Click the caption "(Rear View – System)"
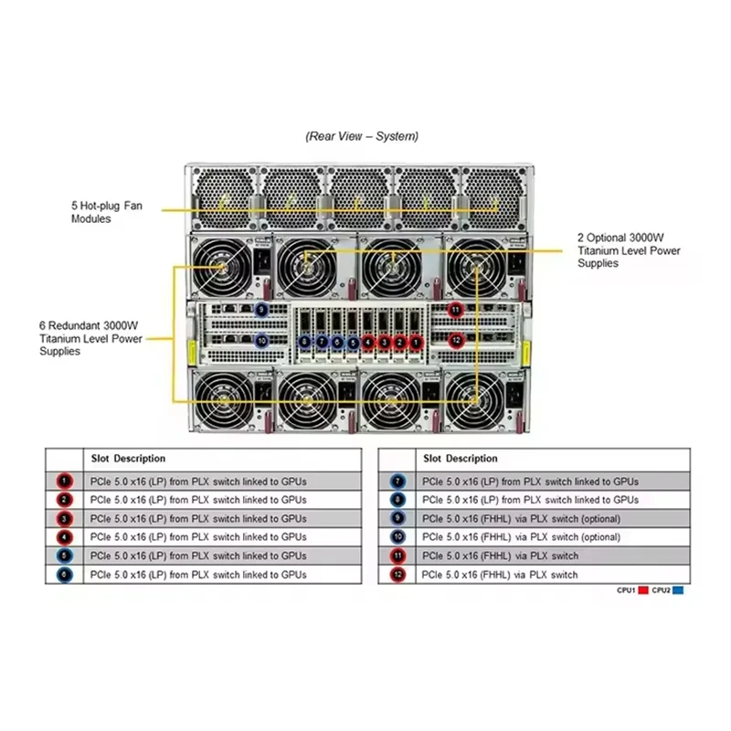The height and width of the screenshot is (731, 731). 362,136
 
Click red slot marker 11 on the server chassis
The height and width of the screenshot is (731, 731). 456,310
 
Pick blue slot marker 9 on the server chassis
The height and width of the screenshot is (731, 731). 261,310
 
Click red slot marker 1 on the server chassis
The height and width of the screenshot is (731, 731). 417,342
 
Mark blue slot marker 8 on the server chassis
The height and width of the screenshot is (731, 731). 304,342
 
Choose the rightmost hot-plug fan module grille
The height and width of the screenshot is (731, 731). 495,194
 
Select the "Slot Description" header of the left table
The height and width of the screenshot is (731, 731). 128,458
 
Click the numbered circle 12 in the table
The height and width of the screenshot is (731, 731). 396,575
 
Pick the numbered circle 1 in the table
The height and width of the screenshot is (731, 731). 63,482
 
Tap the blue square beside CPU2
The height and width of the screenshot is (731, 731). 678,590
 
